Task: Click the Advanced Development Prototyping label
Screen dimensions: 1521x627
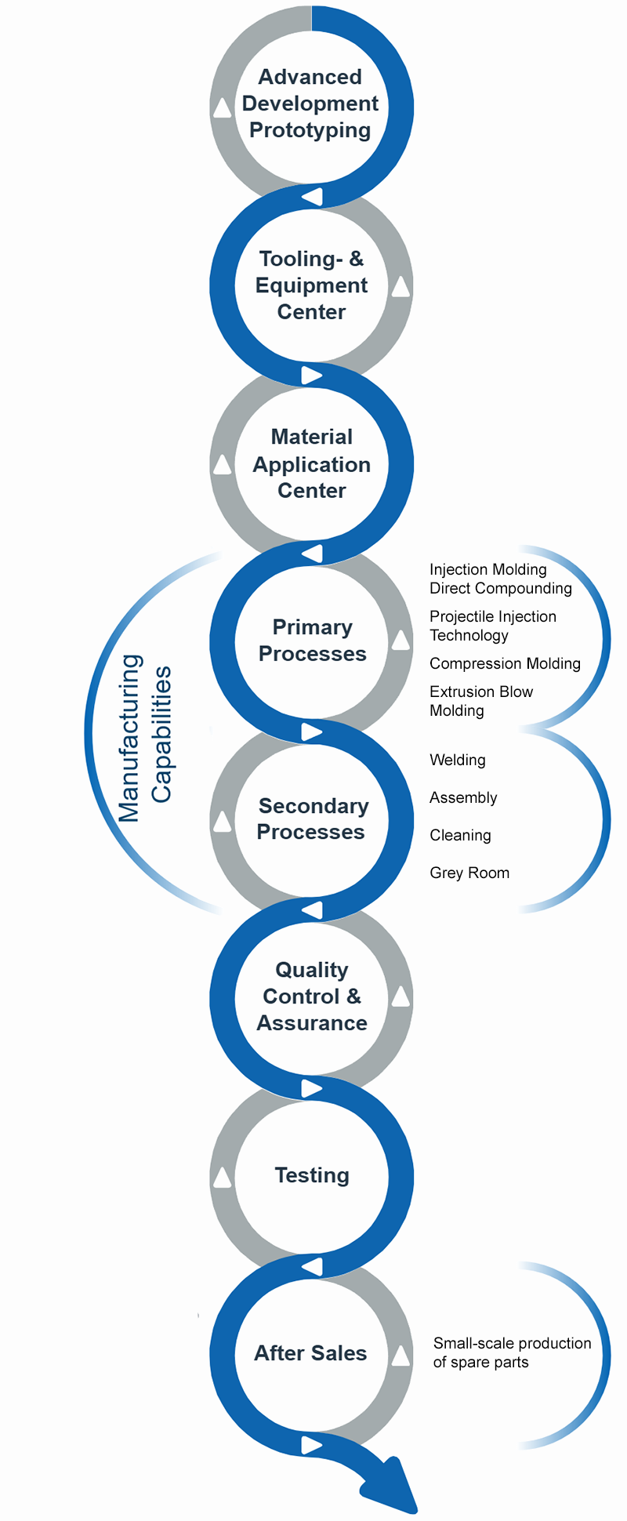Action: click(x=310, y=103)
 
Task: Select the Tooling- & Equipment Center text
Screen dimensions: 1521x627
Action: click(x=311, y=285)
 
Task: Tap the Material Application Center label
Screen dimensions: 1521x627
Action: click(x=311, y=463)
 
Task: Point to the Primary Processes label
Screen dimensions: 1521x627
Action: click(x=312, y=641)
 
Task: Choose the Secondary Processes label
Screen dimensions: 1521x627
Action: click(x=312, y=819)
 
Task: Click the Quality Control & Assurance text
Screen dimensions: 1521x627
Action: click(x=312, y=996)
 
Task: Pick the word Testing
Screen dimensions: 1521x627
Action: click(x=312, y=1175)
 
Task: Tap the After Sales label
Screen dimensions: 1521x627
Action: click(x=310, y=1353)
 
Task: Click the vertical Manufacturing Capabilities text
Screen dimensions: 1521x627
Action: click(x=145, y=737)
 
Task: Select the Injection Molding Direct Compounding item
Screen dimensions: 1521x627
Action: click(x=500, y=579)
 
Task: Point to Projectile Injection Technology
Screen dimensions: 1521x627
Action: click(x=492, y=626)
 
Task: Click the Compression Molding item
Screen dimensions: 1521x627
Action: click(x=505, y=663)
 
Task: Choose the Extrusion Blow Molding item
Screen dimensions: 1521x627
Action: click(x=480, y=701)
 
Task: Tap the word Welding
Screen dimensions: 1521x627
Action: click(x=458, y=760)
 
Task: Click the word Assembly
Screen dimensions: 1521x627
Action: click(x=463, y=797)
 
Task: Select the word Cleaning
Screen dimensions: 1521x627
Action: click(x=460, y=835)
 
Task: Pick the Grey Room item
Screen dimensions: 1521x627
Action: click(x=469, y=873)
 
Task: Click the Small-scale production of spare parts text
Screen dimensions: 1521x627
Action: click(x=512, y=1352)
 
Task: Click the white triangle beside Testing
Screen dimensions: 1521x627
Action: click(x=223, y=1177)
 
